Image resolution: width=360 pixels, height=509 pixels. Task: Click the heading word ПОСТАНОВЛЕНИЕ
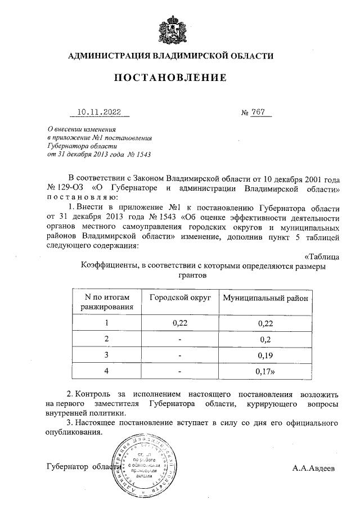coord(171,77)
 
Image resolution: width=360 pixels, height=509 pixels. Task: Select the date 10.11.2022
coord(98,113)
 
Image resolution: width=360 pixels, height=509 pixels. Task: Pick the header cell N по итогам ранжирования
coord(106,302)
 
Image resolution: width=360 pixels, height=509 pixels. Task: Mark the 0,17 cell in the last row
coord(265,371)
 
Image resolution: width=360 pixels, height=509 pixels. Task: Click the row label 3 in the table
coord(106,355)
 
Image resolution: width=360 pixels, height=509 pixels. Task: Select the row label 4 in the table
coord(106,371)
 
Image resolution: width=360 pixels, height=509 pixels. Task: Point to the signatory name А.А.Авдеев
coord(313,467)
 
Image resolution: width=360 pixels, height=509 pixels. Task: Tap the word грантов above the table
coord(193,276)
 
